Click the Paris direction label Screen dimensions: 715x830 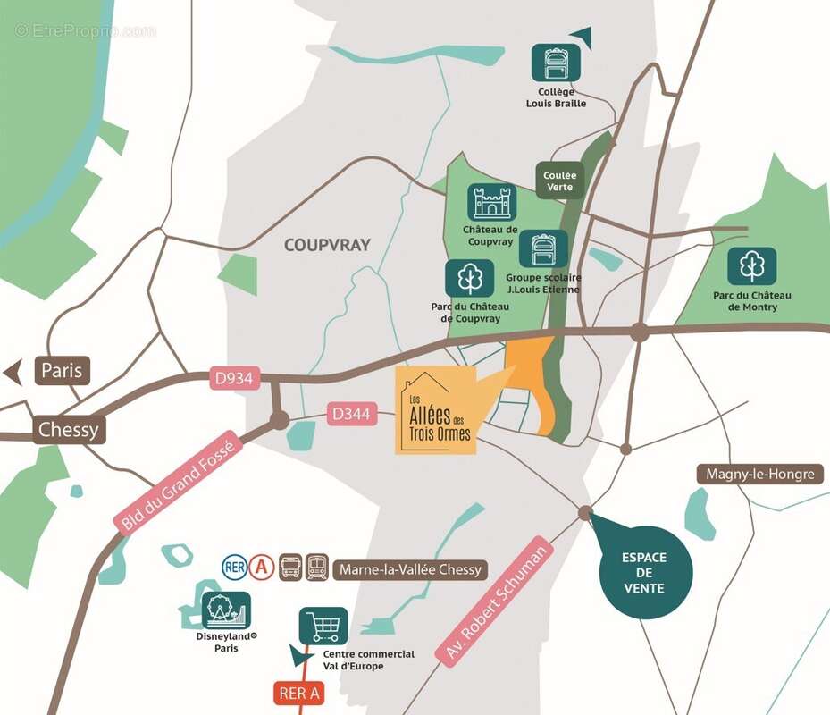point(62,369)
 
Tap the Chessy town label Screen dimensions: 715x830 point(68,430)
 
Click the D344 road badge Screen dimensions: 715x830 point(350,414)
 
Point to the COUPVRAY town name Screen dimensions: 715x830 point(327,245)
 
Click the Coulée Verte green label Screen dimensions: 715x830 point(560,181)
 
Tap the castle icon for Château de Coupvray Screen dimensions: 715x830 point(491,203)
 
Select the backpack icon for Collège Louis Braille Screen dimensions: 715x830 point(556,63)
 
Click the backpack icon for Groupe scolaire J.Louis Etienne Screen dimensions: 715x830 point(542,249)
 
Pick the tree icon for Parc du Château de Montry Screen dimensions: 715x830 point(751,266)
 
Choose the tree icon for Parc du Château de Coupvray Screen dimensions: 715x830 point(469,278)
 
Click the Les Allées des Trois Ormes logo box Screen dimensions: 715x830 point(436,410)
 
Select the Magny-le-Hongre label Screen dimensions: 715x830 point(760,474)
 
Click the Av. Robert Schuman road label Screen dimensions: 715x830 point(493,598)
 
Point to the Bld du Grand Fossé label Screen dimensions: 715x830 point(177,486)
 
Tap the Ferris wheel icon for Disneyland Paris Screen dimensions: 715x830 point(226,610)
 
